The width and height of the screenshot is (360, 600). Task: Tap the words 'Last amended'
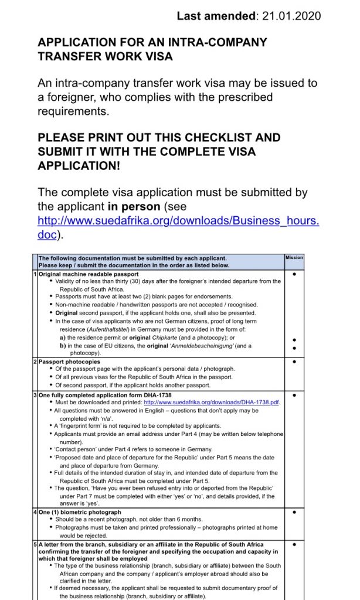coord(216,16)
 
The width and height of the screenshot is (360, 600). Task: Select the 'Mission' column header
coord(294,257)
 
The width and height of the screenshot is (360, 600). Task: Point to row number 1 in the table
coord(35,274)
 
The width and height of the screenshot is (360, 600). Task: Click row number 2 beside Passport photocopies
coord(35,362)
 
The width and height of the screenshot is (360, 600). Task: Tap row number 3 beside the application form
coord(35,396)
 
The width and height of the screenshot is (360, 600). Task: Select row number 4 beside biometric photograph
coord(35,512)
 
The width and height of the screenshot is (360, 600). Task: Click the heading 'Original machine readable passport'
coord(89,274)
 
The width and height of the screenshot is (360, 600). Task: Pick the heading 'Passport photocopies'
coord(69,362)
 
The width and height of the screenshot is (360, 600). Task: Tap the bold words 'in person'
coord(134,207)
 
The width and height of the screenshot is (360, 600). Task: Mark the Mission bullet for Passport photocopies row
coord(294,362)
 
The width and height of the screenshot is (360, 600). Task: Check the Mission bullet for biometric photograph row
coord(294,512)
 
